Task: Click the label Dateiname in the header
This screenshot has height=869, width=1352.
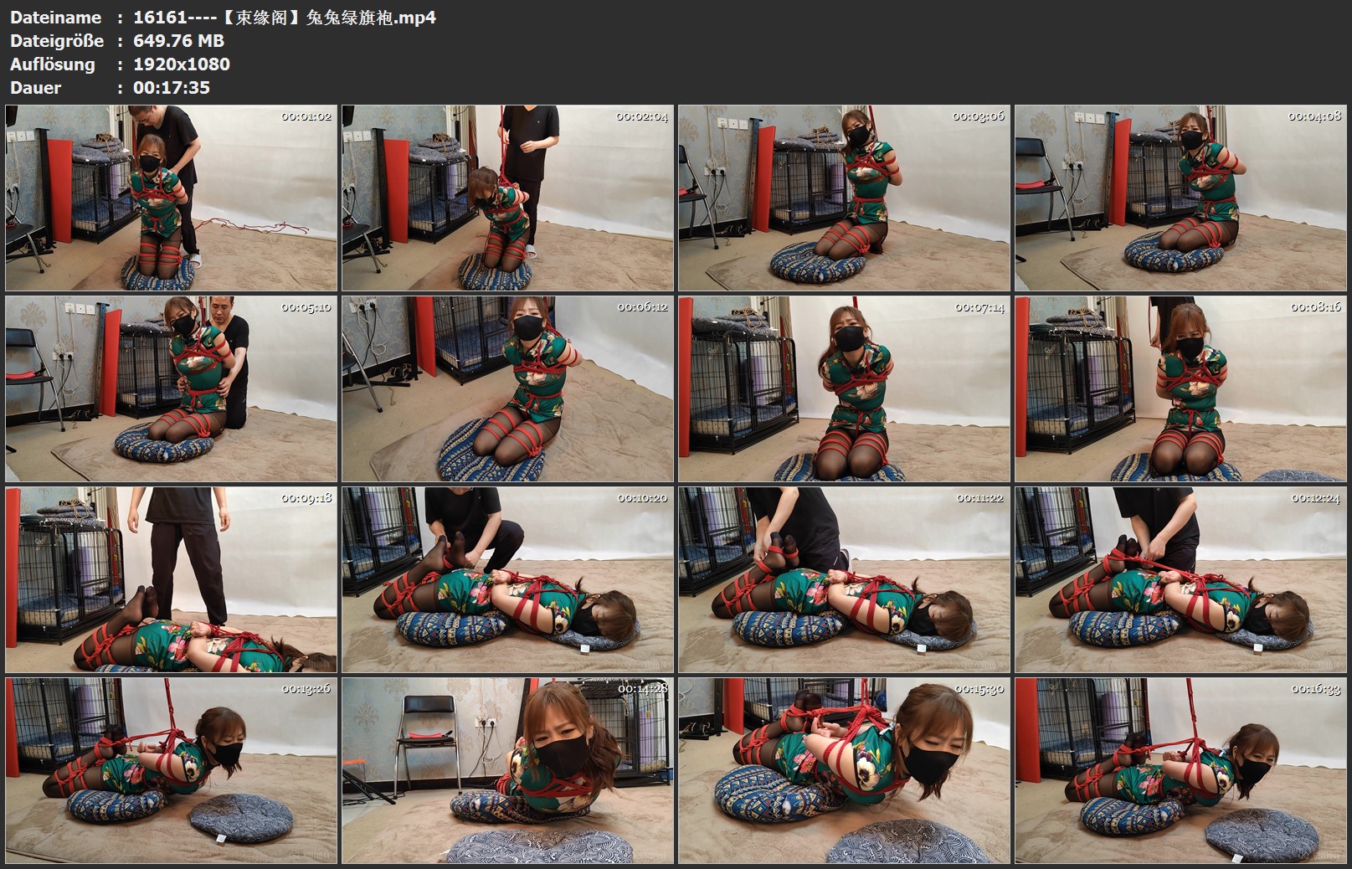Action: tap(55, 18)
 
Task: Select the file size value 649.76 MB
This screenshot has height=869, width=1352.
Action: tap(178, 41)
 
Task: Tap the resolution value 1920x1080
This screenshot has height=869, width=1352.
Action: tap(182, 64)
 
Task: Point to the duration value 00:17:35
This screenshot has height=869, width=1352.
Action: tap(172, 88)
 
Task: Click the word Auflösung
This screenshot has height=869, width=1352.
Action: tap(53, 64)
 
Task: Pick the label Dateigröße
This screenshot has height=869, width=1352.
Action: tap(57, 41)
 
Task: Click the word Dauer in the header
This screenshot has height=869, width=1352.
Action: tap(36, 88)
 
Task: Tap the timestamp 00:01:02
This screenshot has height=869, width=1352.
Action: tap(306, 116)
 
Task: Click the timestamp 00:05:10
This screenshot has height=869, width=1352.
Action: tap(306, 307)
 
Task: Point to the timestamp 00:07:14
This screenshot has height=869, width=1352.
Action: tap(979, 308)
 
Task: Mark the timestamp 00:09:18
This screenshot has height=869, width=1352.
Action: tap(306, 498)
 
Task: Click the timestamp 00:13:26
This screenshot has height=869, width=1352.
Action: tap(306, 689)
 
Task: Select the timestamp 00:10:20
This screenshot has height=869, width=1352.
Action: tap(642, 498)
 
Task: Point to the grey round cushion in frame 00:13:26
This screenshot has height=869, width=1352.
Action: tap(241, 819)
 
